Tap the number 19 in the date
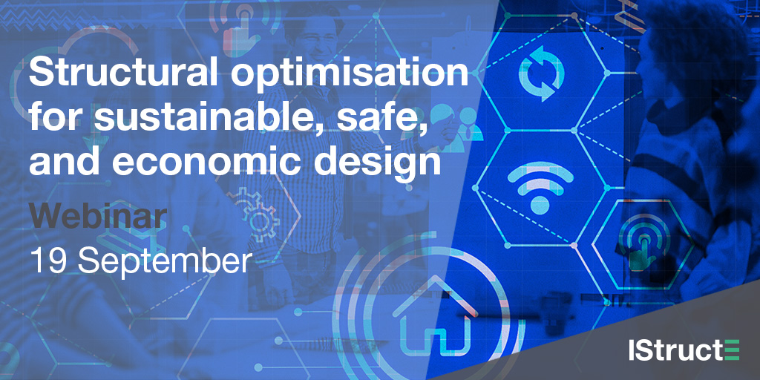pos(47,261)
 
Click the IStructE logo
pos(684,350)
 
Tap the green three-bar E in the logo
pos(731,350)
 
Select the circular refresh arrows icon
pos(541,73)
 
